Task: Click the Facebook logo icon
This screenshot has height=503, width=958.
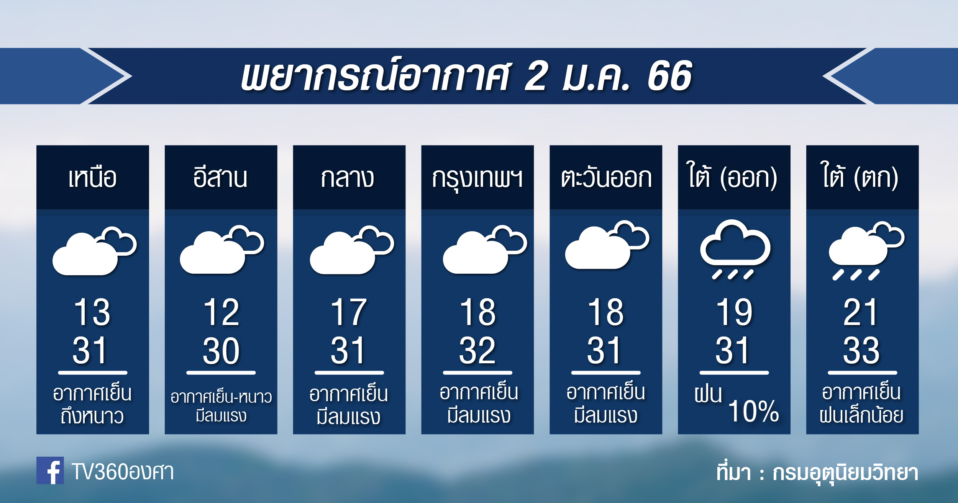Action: click(50, 470)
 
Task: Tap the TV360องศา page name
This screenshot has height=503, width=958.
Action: click(123, 472)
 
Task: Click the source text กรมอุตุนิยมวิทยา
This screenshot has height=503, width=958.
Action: click(845, 473)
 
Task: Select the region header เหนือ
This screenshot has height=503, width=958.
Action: click(93, 178)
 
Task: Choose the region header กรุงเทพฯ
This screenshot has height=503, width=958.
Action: click(477, 179)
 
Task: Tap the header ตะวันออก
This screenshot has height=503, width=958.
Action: click(606, 178)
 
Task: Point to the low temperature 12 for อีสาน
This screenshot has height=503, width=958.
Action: click(221, 312)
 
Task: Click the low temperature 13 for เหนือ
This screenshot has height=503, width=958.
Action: click(92, 312)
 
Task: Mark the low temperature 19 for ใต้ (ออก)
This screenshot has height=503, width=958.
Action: click(734, 312)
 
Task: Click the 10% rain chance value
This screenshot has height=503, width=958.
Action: click(753, 412)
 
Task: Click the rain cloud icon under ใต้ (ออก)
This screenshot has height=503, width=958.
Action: click(735, 249)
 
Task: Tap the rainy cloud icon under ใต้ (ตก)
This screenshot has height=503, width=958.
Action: click(866, 251)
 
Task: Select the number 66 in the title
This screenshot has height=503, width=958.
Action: click(669, 76)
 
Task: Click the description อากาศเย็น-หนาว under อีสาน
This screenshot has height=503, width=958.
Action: click(221, 397)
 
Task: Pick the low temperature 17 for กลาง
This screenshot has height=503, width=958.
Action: click(349, 312)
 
